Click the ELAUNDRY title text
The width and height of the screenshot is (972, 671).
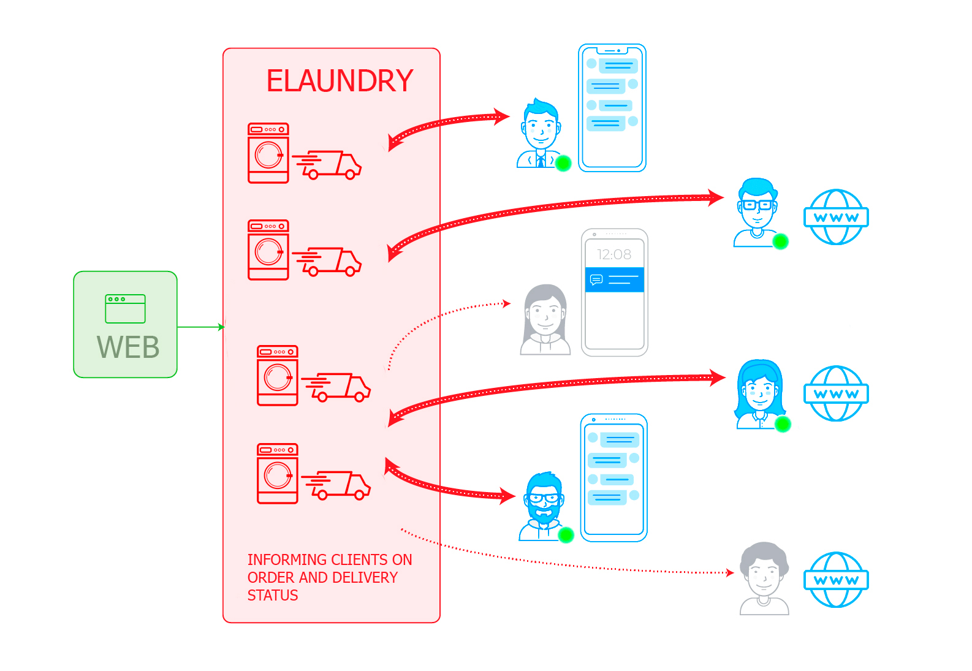click(340, 81)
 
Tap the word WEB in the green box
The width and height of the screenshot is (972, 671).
click(128, 347)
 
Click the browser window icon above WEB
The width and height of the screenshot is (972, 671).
click(125, 309)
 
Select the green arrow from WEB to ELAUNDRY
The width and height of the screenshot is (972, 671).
click(201, 327)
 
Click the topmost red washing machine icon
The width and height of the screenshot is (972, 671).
click(268, 153)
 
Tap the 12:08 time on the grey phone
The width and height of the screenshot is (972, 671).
click(614, 254)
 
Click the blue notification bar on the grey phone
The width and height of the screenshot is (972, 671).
click(614, 280)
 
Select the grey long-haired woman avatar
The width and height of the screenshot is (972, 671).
click(545, 320)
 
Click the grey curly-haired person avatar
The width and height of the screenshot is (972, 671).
click(764, 578)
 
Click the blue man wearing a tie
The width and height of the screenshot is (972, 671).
click(540, 134)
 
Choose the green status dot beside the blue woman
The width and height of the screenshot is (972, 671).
click(783, 424)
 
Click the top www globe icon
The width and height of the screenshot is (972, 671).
click(836, 217)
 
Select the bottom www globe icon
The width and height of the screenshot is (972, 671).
click(836, 580)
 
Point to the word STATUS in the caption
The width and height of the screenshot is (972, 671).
click(273, 596)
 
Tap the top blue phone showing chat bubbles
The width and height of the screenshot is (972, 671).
click(612, 108)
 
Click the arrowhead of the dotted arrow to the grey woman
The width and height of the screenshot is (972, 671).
click(507, 303)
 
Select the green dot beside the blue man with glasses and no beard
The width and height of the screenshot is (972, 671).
click(780, 241)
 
